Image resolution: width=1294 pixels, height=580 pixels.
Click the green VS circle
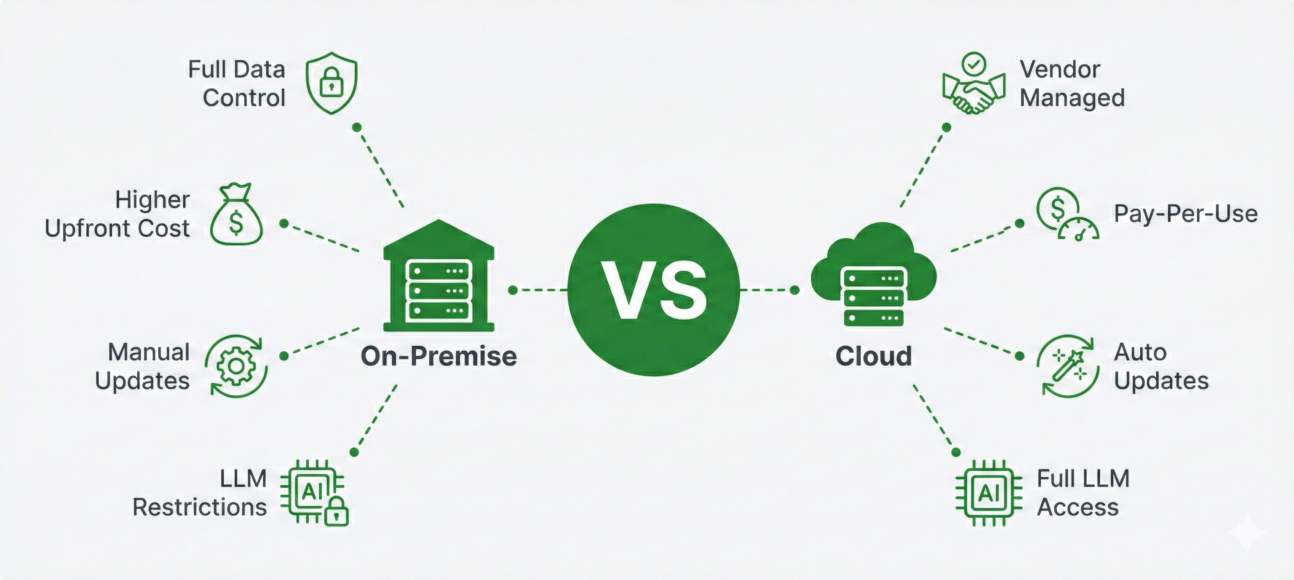click(x=654, y=290)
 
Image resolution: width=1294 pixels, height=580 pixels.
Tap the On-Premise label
click(x=438, y=356)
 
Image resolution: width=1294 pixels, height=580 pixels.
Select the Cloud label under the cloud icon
click(x=874, y=356)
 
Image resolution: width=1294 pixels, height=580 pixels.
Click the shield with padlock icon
click(x=332, y=83)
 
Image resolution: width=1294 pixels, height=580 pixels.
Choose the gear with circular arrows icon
click(x=235, y=366)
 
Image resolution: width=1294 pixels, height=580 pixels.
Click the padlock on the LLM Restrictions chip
click(x=336, y=512)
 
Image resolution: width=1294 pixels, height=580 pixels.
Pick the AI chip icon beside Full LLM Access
click(x=989, y=493)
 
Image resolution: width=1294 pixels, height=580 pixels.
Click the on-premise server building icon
click(x=438, y=277)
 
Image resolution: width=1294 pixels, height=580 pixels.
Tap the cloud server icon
click(x=874, y=277)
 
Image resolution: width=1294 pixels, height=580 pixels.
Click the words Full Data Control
click(x=237, y=83)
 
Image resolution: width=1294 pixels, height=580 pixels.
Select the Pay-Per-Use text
click(x=1185, y=214)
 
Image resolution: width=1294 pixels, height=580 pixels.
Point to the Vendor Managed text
click(x=1072, y=83)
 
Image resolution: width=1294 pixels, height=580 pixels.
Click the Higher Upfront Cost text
click(x=118, y=214)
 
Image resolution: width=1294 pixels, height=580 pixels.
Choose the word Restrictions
click(x=199, y=508)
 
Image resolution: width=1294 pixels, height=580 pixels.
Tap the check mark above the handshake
click(x=973, y=65)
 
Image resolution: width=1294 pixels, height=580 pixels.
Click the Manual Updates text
click(x=143, y=366)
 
